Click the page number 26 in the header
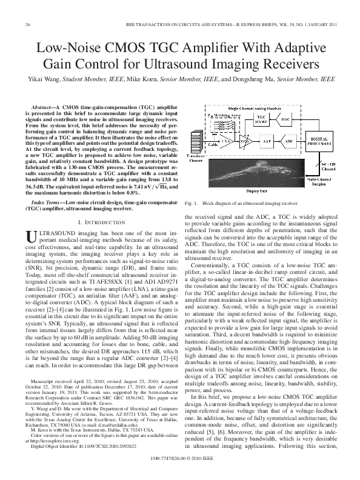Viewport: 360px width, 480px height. [x=28, y=24]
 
